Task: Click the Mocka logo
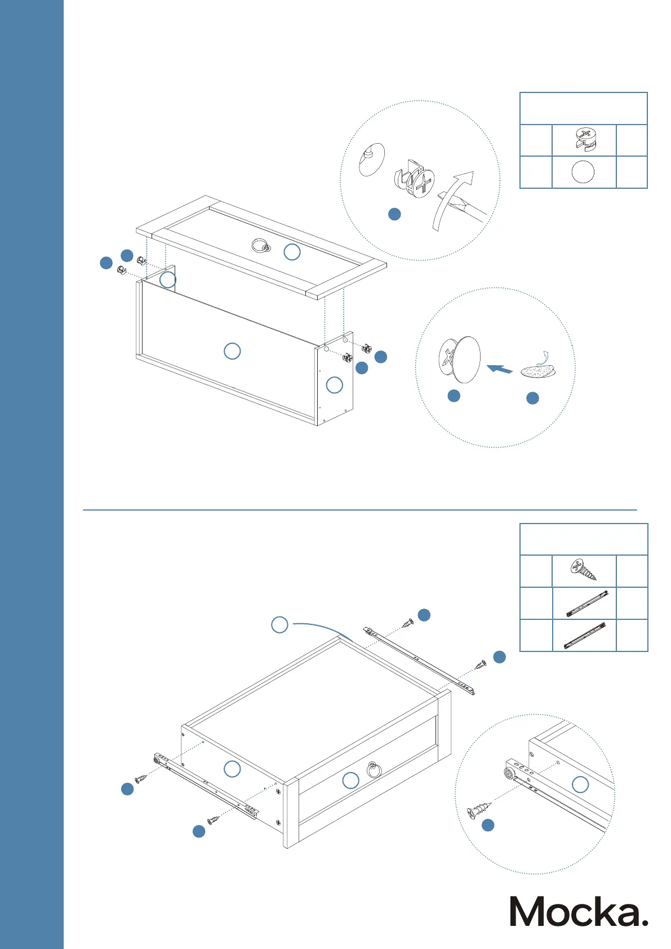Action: pyautogui.click(x=579, y=911)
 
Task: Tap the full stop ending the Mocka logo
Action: pyautogui.click(x=645, y=922)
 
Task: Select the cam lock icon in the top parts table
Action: pyautogui.click(x=584, y=140)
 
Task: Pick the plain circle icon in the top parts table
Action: pyautogui.click(x=583, y=172)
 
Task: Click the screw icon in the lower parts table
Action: pyautogui.click(x=584, y=570)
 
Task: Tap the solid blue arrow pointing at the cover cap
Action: pyautogui.click(x=499, y=369)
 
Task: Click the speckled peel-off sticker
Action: pyautogui.click(x=537, y=370)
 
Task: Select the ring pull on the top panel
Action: pyautogui.click(x=260, y=245)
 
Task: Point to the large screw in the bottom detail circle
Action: pyautogui.click(x=479, y=809)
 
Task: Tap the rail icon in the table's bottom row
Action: pyautogui.click(x=585, y=635)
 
